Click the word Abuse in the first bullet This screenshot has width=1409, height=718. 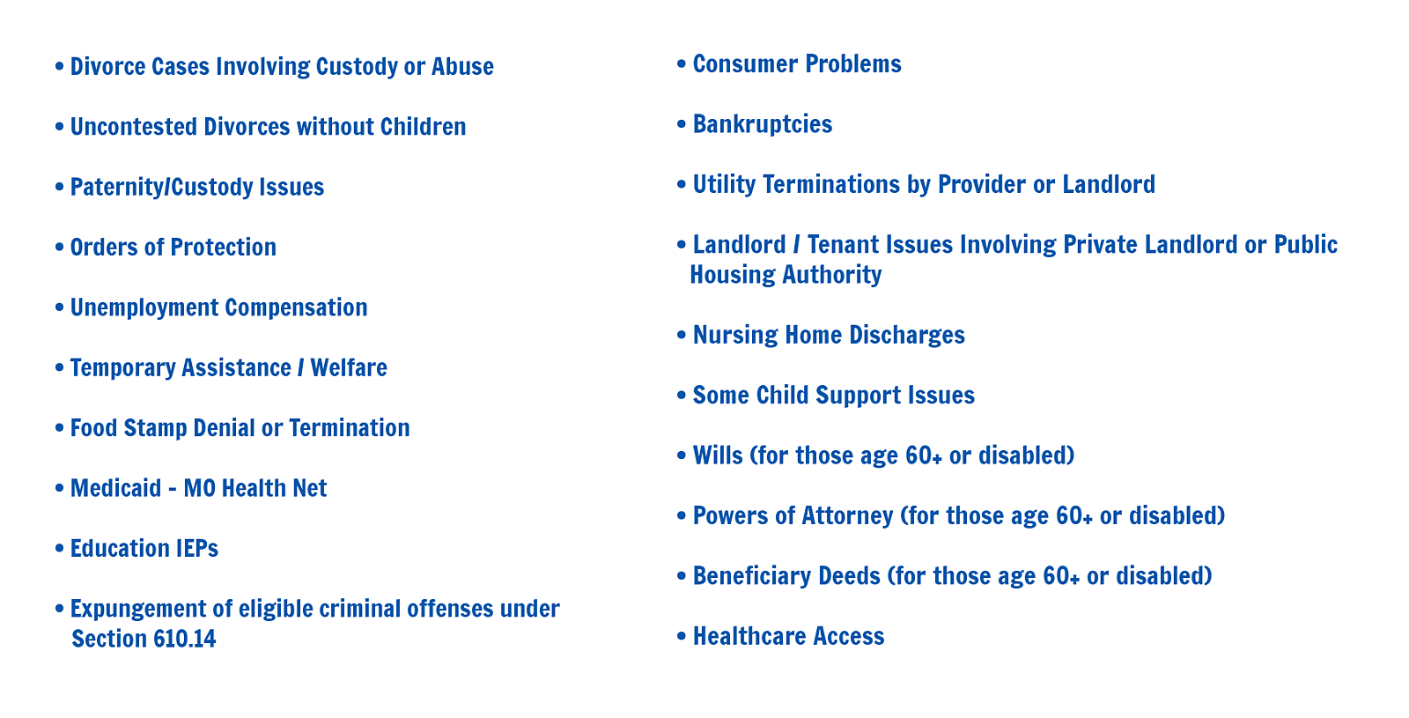(x=462, y=67)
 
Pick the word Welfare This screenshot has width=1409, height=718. (x=349, y=368)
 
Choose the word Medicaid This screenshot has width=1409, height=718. (x=115, y=488)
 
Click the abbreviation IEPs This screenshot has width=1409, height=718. (x=197, y=549)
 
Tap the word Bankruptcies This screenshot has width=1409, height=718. (x=763, y=125)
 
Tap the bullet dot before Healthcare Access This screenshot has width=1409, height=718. (x=682, y=636)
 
